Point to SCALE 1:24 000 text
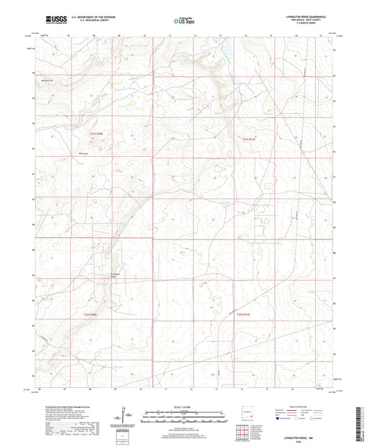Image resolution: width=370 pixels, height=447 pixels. pos(184,405)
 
